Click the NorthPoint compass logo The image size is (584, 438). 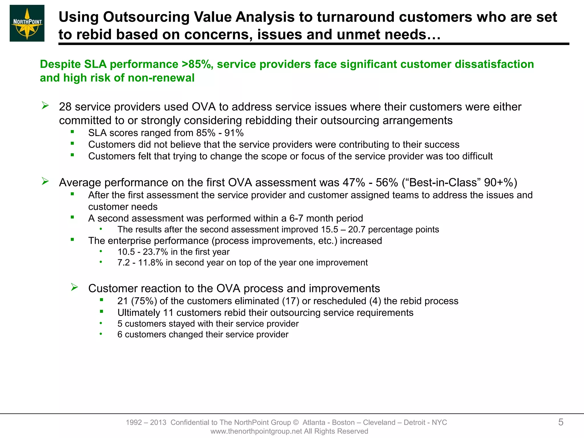(27, 23)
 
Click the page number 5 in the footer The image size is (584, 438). (561, 422)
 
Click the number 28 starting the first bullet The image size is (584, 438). (65, 107)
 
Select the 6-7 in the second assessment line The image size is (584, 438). (296, 218)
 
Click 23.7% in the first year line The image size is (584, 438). (155, 252)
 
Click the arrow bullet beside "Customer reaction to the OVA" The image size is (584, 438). (74, 287)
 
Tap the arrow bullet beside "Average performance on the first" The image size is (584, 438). (45, 181)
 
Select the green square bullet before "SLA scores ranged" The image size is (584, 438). (72, 132)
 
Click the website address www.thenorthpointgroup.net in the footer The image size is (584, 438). (256, 431)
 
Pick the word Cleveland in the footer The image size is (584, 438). (379, 422)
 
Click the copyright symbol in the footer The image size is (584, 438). (295, 422)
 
